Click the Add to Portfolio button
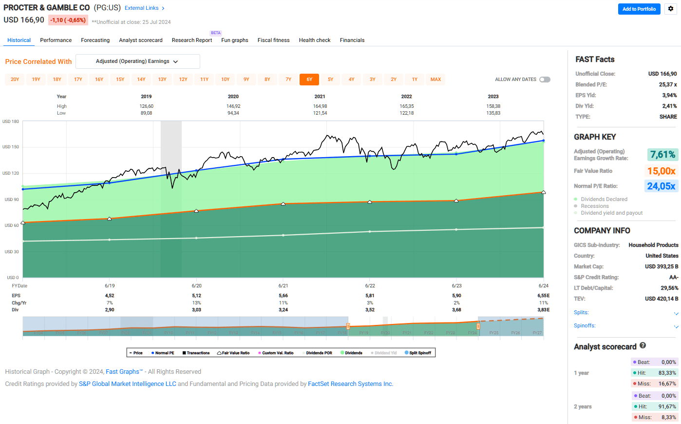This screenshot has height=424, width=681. coord(639,9)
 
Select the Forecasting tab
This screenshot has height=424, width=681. coord(95,40)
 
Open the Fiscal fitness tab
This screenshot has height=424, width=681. coord(273,40)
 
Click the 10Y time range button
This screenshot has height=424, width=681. coord(225,80)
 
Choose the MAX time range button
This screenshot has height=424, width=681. coord(435,80)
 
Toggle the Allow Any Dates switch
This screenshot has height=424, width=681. coord(545,80)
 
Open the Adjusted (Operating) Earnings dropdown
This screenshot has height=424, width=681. coord(138,61)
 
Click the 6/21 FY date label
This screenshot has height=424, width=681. coord(283,286)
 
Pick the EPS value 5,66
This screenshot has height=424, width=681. coord(283,296)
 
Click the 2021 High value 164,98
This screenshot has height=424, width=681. coord(320,106)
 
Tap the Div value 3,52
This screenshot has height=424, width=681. coord(370,310)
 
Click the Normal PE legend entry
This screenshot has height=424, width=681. coord(163,353)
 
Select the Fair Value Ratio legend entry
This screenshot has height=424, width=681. coord(233,353)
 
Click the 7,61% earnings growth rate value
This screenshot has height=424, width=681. coord(662,155)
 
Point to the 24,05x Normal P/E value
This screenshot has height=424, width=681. coord(661,186)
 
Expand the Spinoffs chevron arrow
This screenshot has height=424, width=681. coord(676,326)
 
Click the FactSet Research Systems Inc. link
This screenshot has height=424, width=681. coord(350,384)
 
